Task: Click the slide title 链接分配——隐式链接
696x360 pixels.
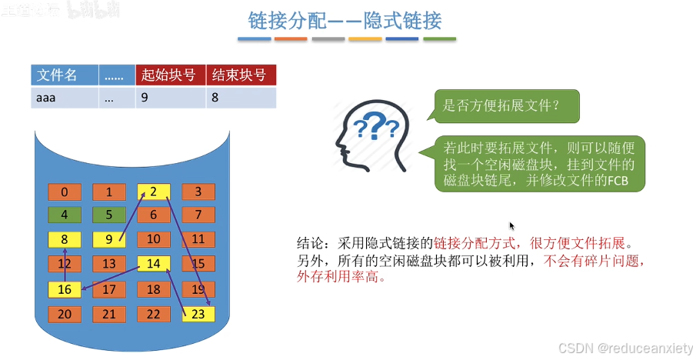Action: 345,20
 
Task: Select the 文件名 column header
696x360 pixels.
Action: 65,75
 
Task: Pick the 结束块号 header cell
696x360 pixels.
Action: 241,75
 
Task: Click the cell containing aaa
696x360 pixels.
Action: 65,98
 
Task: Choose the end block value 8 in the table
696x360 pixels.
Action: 241,98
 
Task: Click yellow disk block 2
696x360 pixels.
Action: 153,192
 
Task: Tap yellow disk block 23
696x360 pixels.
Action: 198,314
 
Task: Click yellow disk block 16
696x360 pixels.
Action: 65,290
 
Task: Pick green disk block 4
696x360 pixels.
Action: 65,216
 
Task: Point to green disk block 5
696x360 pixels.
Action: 109,216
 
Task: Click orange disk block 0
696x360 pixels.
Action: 65,192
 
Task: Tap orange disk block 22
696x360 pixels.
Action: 153,314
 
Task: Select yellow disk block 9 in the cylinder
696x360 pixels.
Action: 109,240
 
